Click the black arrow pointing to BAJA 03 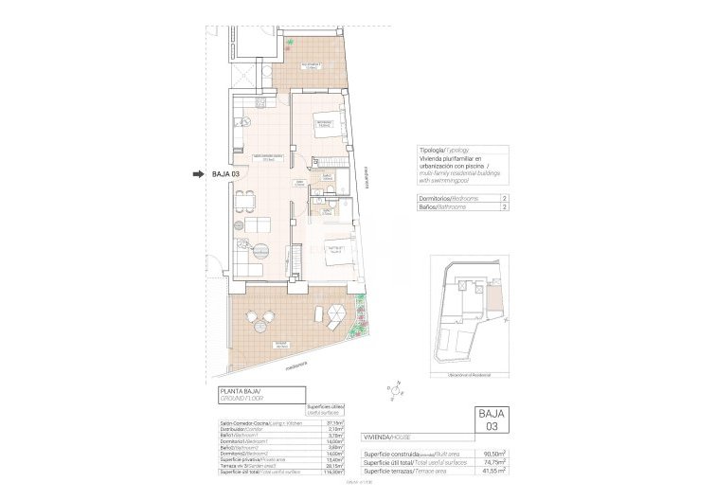point(198,174)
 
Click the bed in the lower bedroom point(339,253)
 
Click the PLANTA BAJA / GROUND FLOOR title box point(257,395)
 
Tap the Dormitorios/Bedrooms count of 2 point(504,198)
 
